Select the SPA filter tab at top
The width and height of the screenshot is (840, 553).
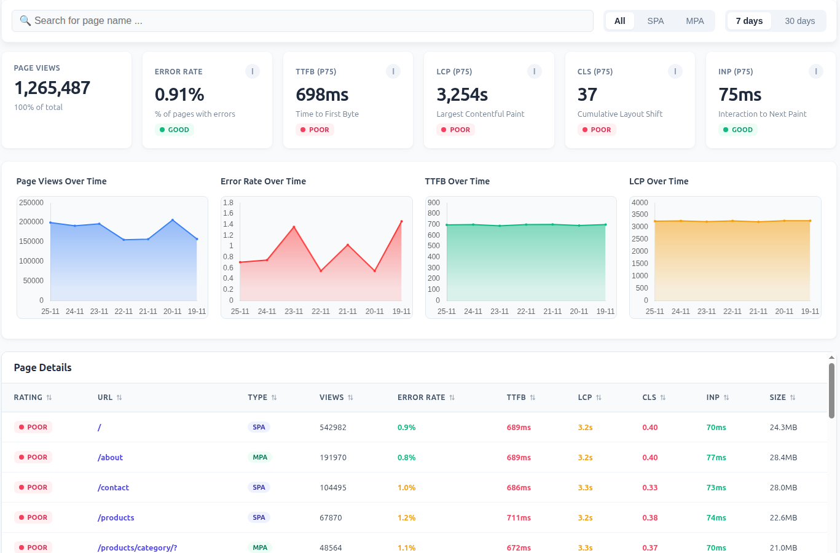click(x=655, y=21)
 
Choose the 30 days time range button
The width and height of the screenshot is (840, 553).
click(x=799, y=21)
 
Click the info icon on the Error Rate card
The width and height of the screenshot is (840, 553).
click(x=253, y=71)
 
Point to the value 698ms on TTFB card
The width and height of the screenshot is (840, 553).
click(x=322, y=95)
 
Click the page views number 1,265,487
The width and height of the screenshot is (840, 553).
click(x=52, y=88)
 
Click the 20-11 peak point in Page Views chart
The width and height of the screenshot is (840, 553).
click(x=173, y=220)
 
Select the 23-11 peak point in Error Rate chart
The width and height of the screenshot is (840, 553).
click(x=294, y=227)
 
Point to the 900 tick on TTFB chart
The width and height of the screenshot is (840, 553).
click(x=434, y=203)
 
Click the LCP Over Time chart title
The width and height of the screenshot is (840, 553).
click(x=659, y=181)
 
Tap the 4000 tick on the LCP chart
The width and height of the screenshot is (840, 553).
click(x=640, y=203)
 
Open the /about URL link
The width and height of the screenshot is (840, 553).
click(x=110, y=457)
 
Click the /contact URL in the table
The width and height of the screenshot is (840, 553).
click(x=113, y=487)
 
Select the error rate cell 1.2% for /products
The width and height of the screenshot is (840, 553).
click(x=406, y=517)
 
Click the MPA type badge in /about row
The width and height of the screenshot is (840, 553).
click(x=260, y=457)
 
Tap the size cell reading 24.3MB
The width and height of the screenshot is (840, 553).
click(x=783, y=427)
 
